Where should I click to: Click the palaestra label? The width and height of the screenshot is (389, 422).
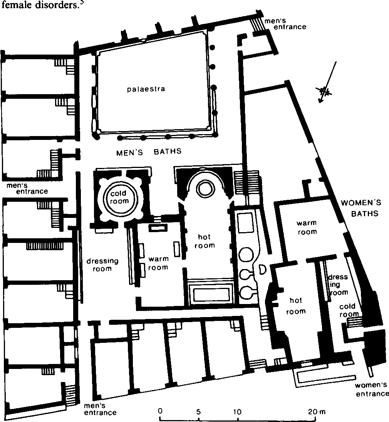click(x=146, y=89)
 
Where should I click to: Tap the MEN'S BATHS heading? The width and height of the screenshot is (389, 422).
click(x=149, y=152)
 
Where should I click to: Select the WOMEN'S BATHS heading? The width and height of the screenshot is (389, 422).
click(x=361, y=208)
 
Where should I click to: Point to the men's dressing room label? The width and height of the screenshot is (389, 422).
click(x=102, y=265)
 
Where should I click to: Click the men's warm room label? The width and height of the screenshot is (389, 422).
click(x=158, y=263)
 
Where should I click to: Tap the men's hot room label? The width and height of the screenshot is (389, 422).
click(x=205, y=241)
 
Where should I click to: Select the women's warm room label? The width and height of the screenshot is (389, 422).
click(x=307, y=228)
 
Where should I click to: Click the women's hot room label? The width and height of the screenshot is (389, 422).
click(x=296, y=306)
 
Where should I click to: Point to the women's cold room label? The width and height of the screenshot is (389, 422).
click(x=349, y=310)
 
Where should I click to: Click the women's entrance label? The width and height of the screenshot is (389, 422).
click(x=372, y=389)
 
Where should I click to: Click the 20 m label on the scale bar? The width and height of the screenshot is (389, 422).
click(x=317, y=412)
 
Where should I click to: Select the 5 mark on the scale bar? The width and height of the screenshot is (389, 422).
click(x=199, y=412)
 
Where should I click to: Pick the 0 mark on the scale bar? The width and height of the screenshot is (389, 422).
click(x=160, y=411)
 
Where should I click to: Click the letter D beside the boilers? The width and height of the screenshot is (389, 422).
click(x=262, y=270)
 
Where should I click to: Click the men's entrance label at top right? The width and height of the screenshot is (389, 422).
click(x=285, y=24)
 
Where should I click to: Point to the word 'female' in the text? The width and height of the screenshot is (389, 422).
click(x=18, y=5)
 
